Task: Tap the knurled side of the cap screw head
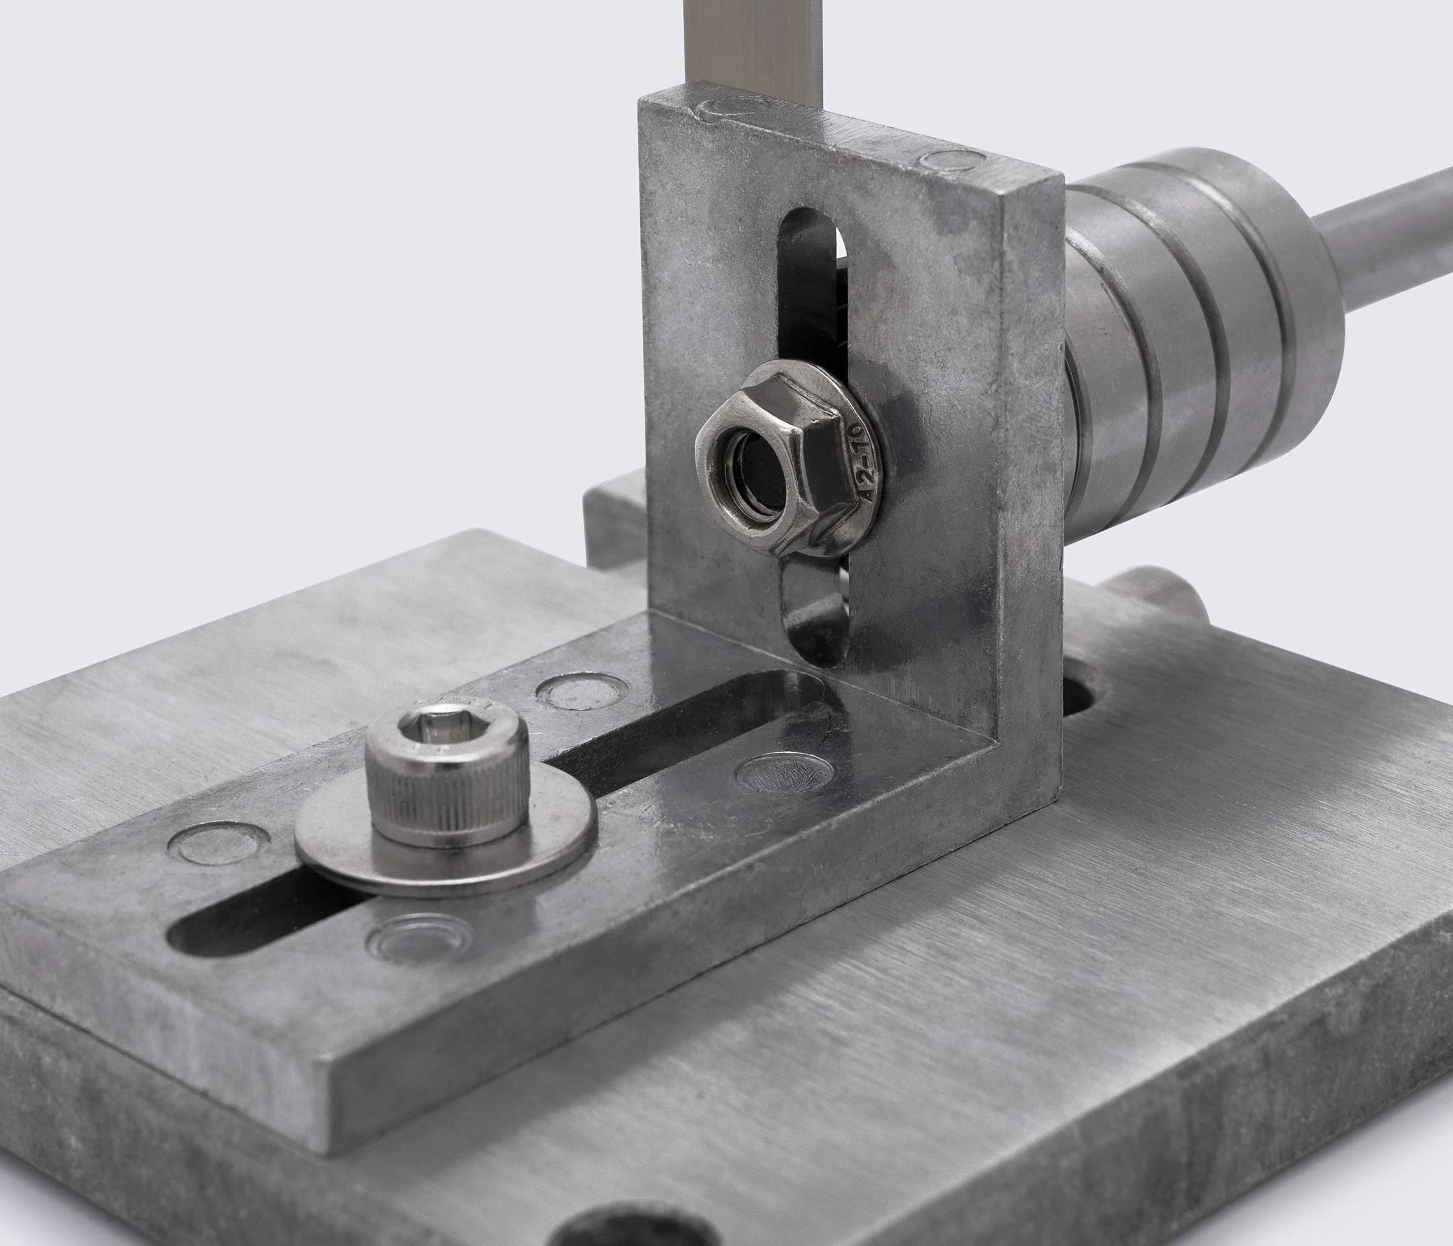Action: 435,807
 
